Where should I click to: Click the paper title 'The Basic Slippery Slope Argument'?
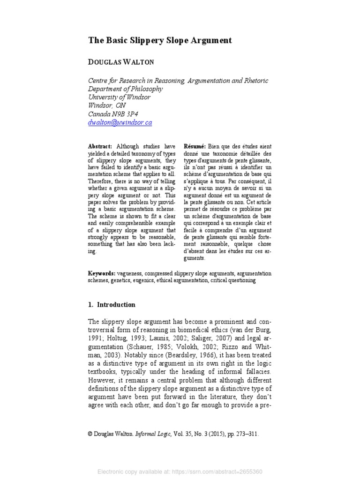160,41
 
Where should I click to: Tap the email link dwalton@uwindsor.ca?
120,122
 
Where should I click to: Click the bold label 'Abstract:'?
100,147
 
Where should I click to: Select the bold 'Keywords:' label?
102,273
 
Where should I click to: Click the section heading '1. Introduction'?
112,305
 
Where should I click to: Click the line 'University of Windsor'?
120,97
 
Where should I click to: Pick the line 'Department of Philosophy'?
125,89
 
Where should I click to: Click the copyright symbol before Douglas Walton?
90,435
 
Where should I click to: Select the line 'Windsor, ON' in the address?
107,105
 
